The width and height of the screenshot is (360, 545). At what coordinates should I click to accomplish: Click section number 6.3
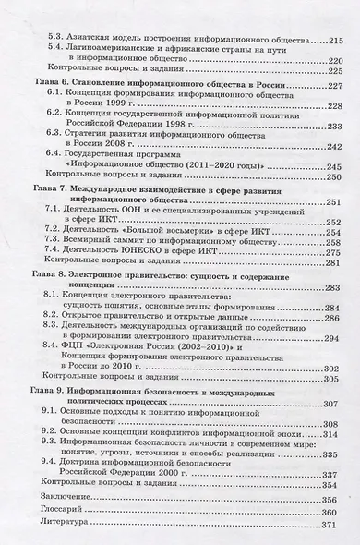point(56,134)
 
